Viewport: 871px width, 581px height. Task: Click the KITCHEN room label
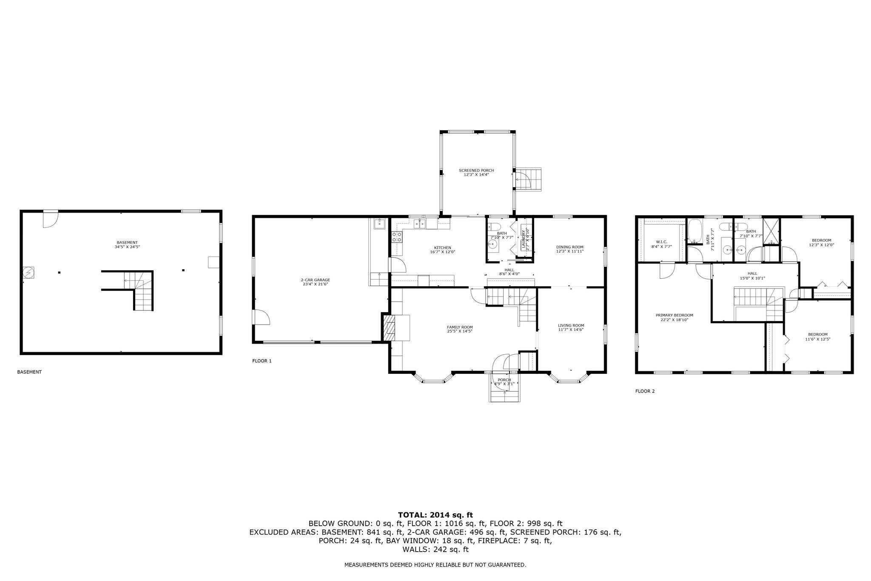tap(442, 248)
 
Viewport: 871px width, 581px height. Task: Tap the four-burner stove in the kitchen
tap(397, 237)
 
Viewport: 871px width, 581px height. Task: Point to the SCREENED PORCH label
tap(476, 171)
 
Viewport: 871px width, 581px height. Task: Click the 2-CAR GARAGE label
tap(316, 280)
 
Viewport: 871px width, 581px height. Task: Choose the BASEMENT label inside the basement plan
tap(127, 242)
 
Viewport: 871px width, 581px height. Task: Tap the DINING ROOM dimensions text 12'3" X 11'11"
tap(570, 251)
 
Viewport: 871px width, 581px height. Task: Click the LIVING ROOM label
tap(571, 325)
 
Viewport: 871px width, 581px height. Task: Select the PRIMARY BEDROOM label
tap(675, 315)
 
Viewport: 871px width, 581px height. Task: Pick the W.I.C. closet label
tap(662, 242)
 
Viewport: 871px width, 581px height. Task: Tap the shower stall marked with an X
tap(771, 231)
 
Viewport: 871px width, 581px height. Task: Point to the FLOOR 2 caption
tap(645, 391)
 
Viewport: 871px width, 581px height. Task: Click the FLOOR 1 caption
tap(262, 361)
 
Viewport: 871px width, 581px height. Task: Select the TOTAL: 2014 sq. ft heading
tap(435, 515)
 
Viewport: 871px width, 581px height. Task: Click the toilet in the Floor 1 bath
tap(495, 226)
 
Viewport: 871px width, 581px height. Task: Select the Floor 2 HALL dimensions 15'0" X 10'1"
tap(752, 279)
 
